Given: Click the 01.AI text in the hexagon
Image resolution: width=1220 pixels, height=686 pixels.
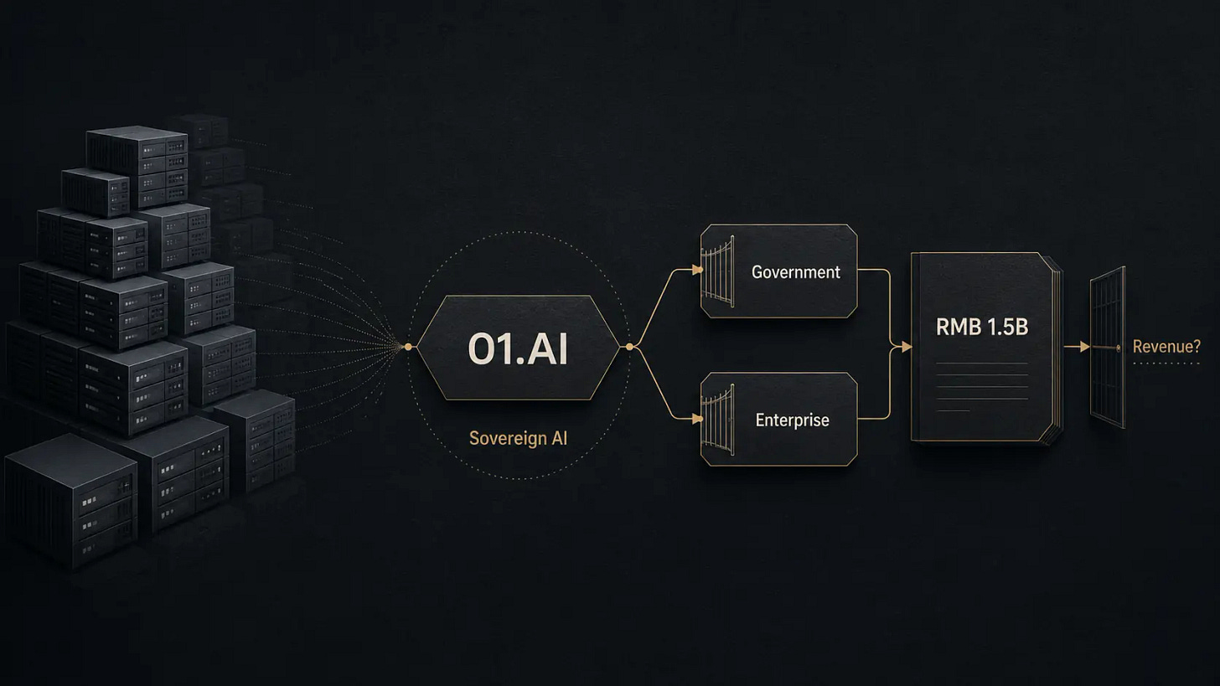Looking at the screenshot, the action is tap(518, 348).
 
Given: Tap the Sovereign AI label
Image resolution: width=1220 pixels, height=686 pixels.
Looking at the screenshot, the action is tap(518, 438).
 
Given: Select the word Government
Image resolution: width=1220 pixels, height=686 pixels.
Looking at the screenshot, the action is tap(796, 272).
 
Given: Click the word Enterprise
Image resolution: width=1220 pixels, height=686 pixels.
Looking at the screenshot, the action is tap(793, 420).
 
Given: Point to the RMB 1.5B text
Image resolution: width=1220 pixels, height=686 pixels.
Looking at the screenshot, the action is tap(982, 328).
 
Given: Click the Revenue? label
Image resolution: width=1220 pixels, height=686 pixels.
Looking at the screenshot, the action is tap(1166, 346).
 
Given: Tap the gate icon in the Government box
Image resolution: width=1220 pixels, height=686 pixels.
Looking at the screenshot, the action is tap(718, 271).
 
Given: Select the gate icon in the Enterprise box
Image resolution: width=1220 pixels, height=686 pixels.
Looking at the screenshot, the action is tap(718, 420).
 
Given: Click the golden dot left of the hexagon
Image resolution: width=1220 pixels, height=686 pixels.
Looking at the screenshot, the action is tap(408, 347).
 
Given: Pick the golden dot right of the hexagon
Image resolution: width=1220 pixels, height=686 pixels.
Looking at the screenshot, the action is tap(629, 347).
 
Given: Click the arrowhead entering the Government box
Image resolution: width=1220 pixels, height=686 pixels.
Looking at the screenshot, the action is tap(696, 270).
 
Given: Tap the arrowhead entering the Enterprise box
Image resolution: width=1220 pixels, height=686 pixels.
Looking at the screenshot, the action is tap(696, 419).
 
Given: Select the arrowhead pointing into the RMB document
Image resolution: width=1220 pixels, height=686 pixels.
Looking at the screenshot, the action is tap(907, 347).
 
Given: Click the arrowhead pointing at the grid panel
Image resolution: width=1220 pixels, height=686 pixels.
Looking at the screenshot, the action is tap(1084, 347).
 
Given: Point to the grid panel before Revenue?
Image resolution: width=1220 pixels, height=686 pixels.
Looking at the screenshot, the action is tap(1108, 347).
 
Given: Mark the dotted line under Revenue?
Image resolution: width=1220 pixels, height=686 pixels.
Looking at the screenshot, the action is tap(1166, 364).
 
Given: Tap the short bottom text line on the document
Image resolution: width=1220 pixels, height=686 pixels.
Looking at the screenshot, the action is tap(954, 411).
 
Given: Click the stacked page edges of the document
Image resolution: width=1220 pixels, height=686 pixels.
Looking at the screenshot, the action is tap(1057, 348).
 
